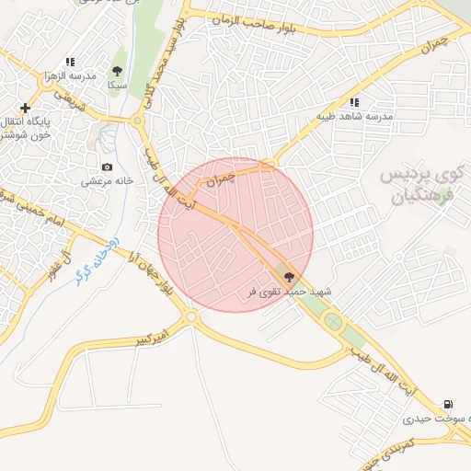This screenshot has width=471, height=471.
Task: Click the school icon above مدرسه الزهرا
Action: click(x=70, y=63)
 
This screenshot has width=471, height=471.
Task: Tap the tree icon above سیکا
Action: click(x=117, y=70)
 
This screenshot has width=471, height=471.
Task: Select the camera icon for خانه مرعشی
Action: click(x=108, y=167)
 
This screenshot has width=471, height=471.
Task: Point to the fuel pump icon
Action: click(x=447, y=404)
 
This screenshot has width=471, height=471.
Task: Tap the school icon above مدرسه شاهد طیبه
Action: click(x=354, y=102)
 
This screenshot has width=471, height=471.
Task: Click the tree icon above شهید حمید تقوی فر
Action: click(x=289, y=276)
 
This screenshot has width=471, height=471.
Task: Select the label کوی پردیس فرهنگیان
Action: click(x=424, y=184)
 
